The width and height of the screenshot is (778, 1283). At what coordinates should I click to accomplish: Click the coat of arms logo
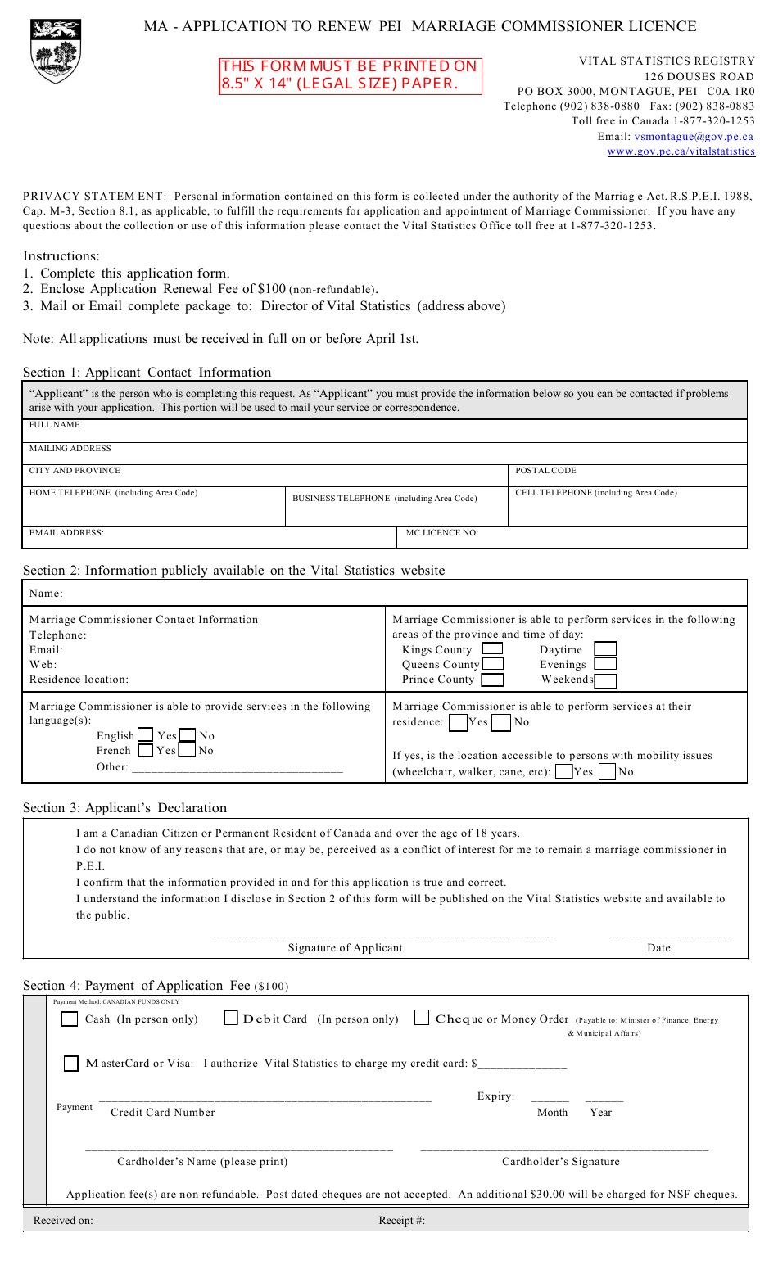coord(56,51)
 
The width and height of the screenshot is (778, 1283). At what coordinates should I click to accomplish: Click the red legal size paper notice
coord(350,75)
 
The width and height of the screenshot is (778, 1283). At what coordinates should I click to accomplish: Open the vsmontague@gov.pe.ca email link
coord(693,137)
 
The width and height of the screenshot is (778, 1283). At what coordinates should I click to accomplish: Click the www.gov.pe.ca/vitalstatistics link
coord(681,151)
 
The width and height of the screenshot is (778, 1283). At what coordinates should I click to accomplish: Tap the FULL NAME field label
coord(55,425)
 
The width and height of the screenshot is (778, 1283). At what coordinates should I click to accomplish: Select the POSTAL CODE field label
coord(545,471)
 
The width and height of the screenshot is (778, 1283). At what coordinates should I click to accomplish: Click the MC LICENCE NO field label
coord(442,533)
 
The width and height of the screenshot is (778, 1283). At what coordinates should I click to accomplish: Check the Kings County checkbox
coord(492,649)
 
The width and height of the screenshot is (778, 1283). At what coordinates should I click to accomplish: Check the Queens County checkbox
coord(492,664)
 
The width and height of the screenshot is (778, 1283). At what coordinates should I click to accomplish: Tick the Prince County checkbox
coord(492,680)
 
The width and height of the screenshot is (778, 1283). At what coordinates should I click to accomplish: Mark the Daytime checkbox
coord(605,649)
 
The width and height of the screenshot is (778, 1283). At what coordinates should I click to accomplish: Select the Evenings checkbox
coord(605,664)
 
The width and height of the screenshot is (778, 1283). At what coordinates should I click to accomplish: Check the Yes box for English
coord(146,735)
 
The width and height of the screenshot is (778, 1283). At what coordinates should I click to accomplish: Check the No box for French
coord(188,750)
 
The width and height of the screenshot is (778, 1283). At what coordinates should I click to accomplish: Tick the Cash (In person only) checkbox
coord(70,1019)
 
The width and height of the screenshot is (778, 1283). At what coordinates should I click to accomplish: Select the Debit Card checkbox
coord(231,1019)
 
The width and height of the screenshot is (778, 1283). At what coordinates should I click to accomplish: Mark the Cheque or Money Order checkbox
coord(422,1018)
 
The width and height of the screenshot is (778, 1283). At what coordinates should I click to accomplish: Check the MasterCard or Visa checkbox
coord(71,1064)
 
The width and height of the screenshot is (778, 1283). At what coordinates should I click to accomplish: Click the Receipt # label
coord(401,1221)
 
